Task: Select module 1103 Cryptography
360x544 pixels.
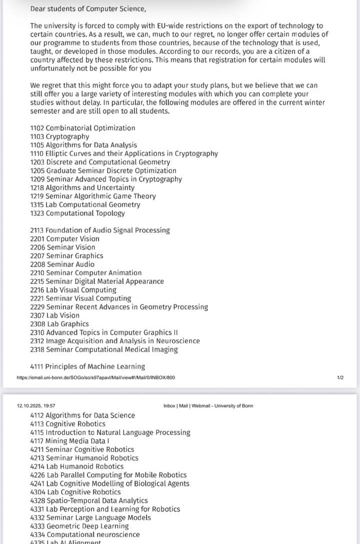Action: pos(59,137)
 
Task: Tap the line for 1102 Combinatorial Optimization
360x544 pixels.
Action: pos(82,128)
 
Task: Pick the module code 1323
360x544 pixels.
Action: pos(37,213)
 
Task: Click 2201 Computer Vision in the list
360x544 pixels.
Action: pos(64,239)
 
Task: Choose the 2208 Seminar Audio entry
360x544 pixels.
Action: pos(62,264)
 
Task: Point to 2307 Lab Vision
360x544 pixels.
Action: pos(54,315)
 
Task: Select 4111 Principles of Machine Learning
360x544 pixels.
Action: pos(87,367)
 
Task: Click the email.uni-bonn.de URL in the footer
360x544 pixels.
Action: pos(95,377)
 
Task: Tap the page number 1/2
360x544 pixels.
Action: pos(340,377)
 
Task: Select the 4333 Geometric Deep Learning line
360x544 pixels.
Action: pos(79,526)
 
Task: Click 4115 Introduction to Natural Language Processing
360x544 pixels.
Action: pos(110,432)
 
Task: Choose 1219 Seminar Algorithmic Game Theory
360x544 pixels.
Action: pos(93,196)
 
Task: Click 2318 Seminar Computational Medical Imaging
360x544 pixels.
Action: pos(104,349)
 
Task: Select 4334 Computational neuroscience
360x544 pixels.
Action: pos(85,534)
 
